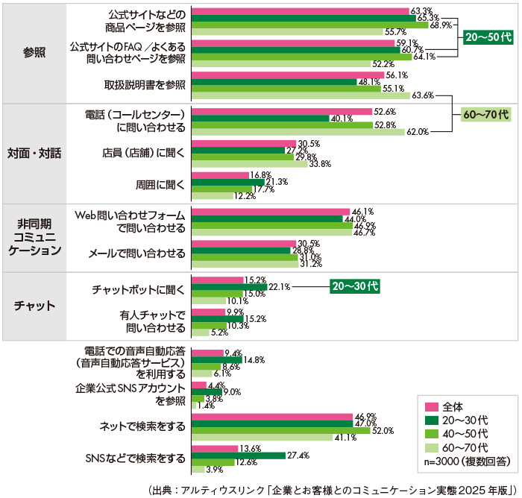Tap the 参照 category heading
click(x=34, y=53)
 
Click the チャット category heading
click(x=34, y=306)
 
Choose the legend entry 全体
click(x=453, y=406)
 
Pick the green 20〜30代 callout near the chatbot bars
click(x=355, y=286)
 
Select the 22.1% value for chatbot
click(x=280, y=286)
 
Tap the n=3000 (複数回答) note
click(x=467, y=461)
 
